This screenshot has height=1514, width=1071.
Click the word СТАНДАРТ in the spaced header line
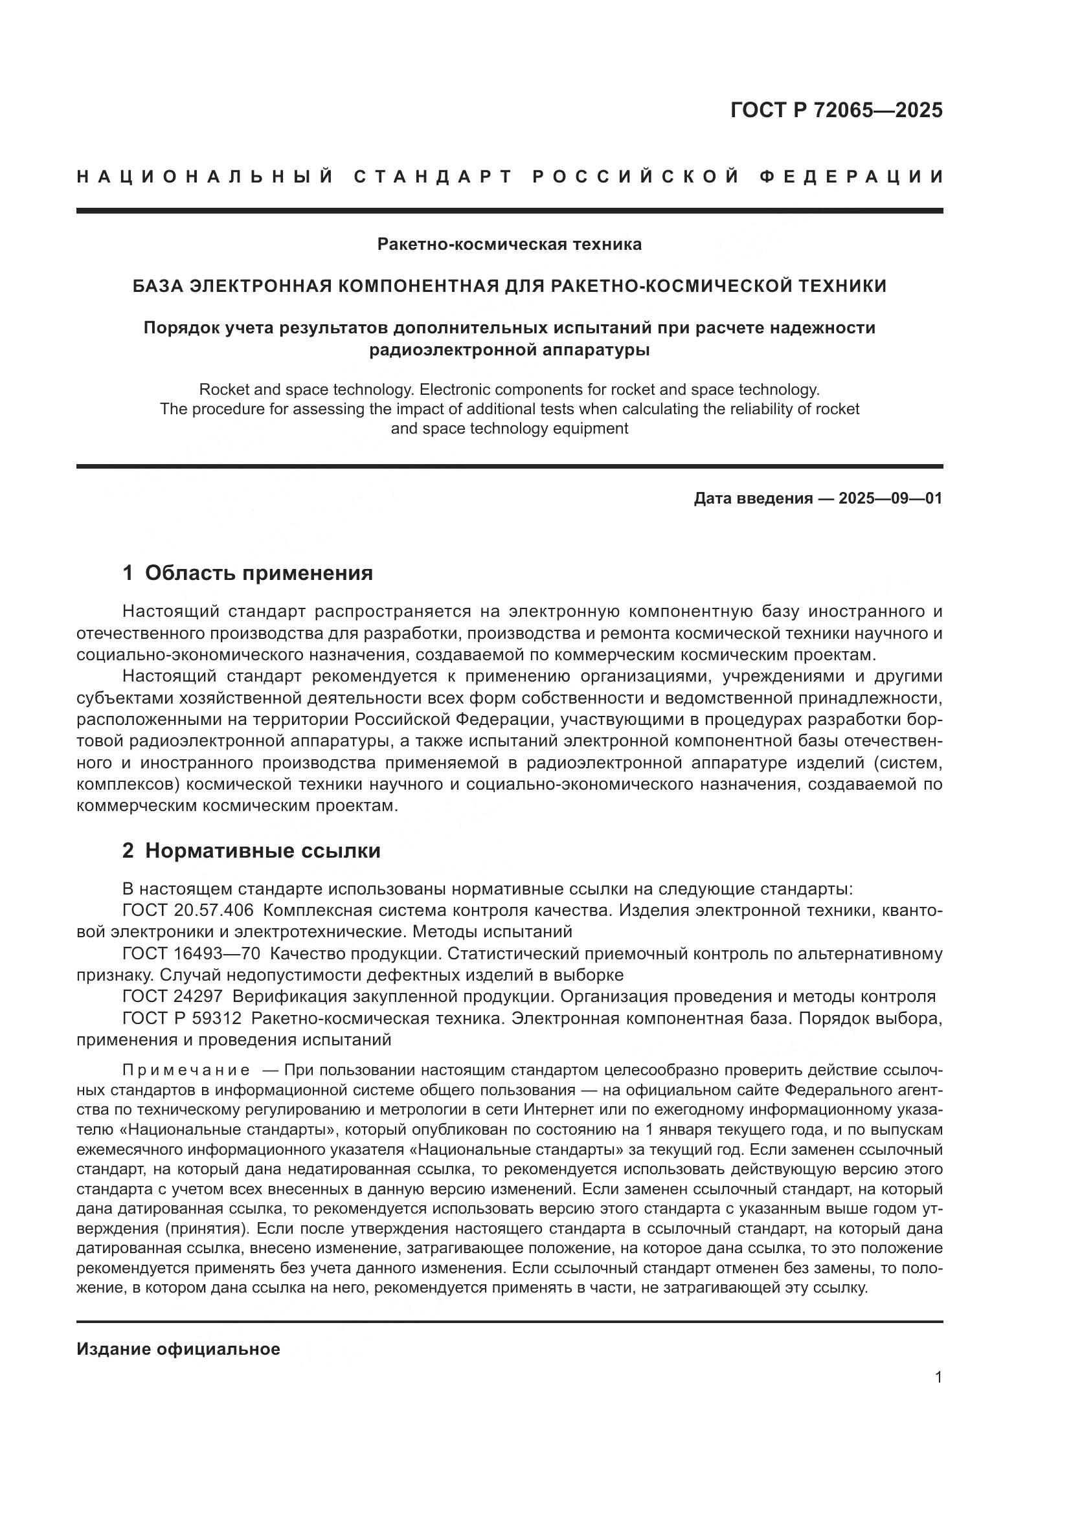[x=433, y=177]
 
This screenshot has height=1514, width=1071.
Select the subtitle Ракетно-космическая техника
[x=509, y=245]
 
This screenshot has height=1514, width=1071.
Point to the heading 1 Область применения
[x=247, y=573]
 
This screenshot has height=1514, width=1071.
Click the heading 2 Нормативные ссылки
[x=251, y=851]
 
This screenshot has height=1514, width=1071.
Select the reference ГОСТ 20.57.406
[x=187, y=911]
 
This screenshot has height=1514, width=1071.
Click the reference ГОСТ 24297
[x=172, y=996]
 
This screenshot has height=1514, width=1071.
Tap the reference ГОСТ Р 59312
[x=182, y=1018]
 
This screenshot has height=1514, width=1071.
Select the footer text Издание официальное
[x=178, y=1349]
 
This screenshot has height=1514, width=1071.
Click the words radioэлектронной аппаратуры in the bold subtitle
[x=509, y=350]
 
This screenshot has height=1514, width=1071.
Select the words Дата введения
[x=752, y=498]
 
